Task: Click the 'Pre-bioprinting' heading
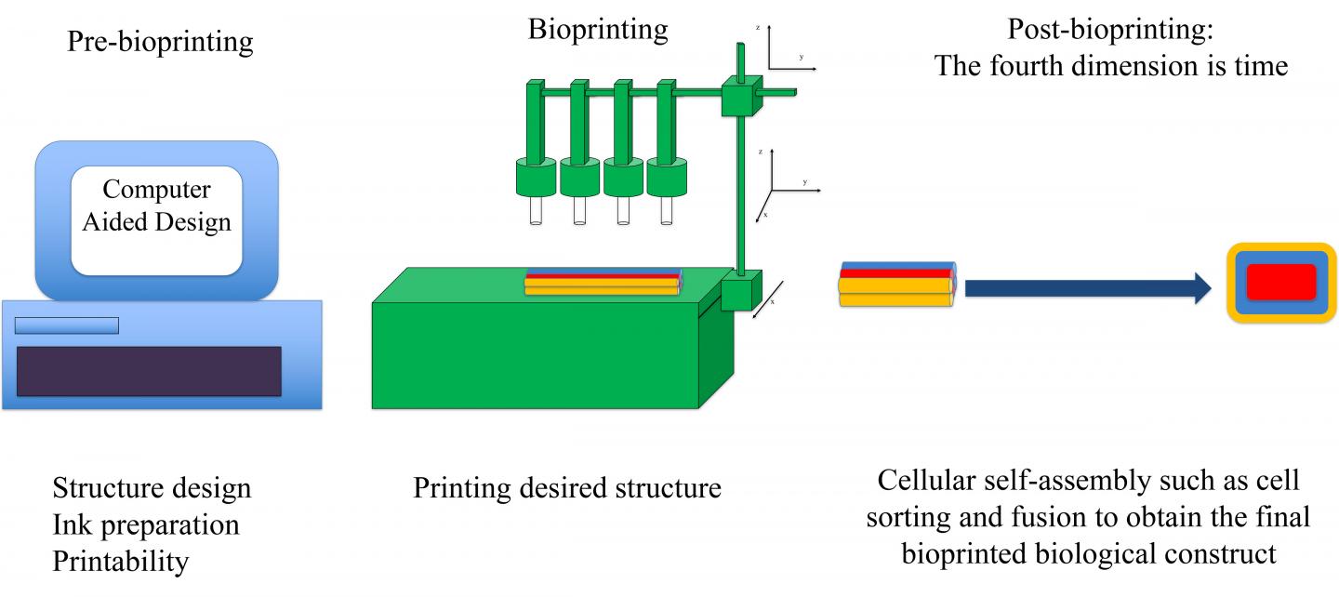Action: point(160,42)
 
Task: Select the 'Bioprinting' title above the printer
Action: point(598,30)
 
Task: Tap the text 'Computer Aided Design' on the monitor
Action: point(156,206)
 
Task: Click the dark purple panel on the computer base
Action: point(149,371)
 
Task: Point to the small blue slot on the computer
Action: point(66,325)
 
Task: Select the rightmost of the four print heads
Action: point(666,177)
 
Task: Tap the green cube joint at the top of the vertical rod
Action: point(740,97)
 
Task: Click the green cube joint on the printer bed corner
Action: point(741,289)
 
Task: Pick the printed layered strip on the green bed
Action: point(603,283)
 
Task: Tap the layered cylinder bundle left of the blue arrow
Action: point(896,284)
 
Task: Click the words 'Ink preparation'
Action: point(146,524)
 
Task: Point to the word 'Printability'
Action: point(120,562)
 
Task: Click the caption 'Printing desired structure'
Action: point(566,487)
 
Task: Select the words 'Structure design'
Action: point(152,488)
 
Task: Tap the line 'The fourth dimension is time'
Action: point(1110,66)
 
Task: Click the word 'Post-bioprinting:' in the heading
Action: point(1112,30)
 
